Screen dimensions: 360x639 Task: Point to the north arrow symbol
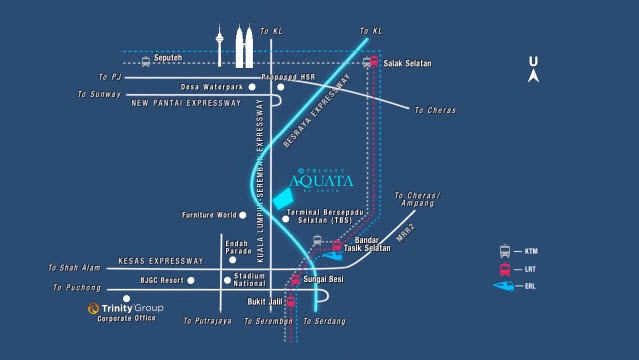[x=534, y=69]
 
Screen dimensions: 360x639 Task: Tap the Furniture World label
[x=208, y=215]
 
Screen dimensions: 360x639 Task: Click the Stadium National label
[x=248, y=279]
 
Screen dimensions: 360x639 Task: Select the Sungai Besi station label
[x=323, y=279]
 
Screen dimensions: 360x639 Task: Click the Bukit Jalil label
[x=264, y=300]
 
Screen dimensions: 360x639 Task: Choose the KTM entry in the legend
[x=518, y=252]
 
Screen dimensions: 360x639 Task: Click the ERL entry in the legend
[x=518, y=287]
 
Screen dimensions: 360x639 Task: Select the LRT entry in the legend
[x=518, y=269]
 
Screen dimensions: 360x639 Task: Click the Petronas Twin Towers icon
[x=243, y=47]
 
